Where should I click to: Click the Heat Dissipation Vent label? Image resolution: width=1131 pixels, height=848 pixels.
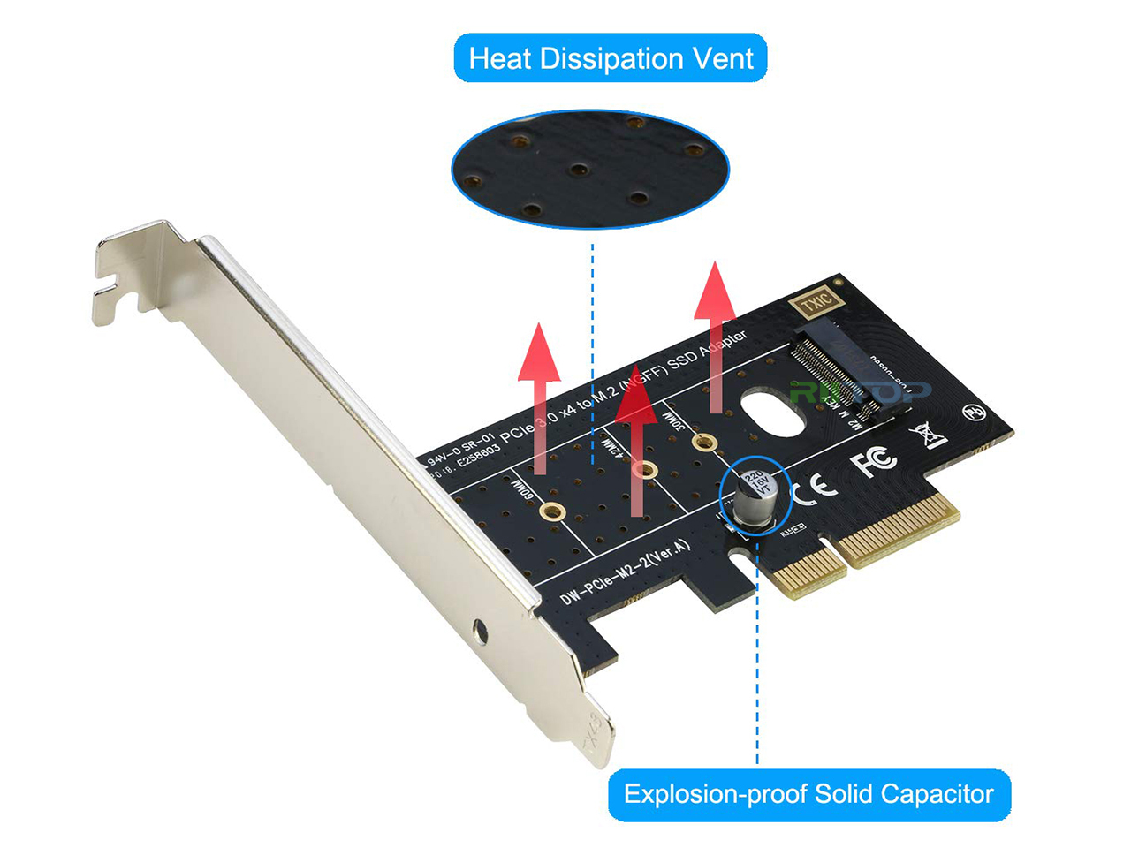(610, 58)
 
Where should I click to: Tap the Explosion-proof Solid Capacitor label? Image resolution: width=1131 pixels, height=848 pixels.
(808, 794)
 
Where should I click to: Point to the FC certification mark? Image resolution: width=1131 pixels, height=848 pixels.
(874, 460)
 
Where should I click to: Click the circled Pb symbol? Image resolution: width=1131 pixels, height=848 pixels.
(974, 412)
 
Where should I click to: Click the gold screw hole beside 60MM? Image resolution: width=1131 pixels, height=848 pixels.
(552, 511)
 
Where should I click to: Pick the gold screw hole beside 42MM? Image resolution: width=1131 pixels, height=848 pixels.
(647, 470)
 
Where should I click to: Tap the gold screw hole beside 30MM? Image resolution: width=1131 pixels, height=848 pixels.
(704, 443)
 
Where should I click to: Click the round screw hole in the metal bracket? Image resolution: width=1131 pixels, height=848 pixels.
(480, 631)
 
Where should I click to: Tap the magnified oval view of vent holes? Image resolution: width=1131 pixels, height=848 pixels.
(589, 169)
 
